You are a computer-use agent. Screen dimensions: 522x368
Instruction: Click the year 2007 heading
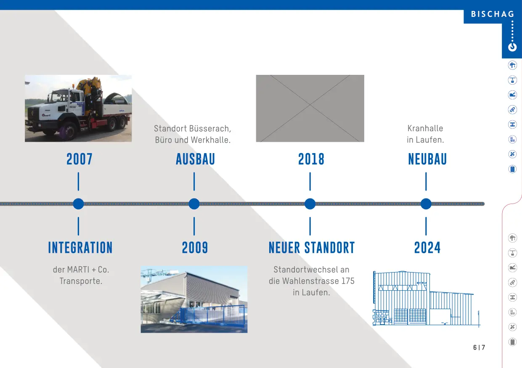click(79, 159)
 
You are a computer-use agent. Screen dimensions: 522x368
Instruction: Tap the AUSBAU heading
click(195, 159)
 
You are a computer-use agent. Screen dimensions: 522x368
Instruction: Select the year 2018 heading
click(311, 159)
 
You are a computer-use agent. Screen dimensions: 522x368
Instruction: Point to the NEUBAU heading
click(427, 159)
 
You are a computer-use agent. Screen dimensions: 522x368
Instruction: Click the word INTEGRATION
click(80, 248)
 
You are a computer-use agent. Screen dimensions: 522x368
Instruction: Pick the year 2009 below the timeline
click(195, 248)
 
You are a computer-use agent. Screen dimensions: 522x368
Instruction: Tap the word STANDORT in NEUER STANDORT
click(330, 248)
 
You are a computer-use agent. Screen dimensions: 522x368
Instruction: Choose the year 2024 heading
click(427, 248)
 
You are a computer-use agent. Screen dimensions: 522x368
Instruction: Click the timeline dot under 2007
click(78, 204)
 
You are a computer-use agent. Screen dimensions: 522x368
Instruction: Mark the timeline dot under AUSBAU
click(194, 204)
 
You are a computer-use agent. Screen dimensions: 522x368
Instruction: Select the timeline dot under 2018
click(310, 204)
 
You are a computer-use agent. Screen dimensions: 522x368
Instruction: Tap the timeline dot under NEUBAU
click(426, 204)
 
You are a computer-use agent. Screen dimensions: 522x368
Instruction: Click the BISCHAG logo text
click(493, 14)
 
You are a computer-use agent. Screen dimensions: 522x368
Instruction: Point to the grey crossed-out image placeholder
click(310, 109)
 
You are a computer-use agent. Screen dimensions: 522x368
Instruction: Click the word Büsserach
click(210, 129)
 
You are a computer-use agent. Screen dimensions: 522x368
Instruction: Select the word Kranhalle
click(425, 128)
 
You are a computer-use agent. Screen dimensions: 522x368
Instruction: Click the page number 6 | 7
click(479, 347)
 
